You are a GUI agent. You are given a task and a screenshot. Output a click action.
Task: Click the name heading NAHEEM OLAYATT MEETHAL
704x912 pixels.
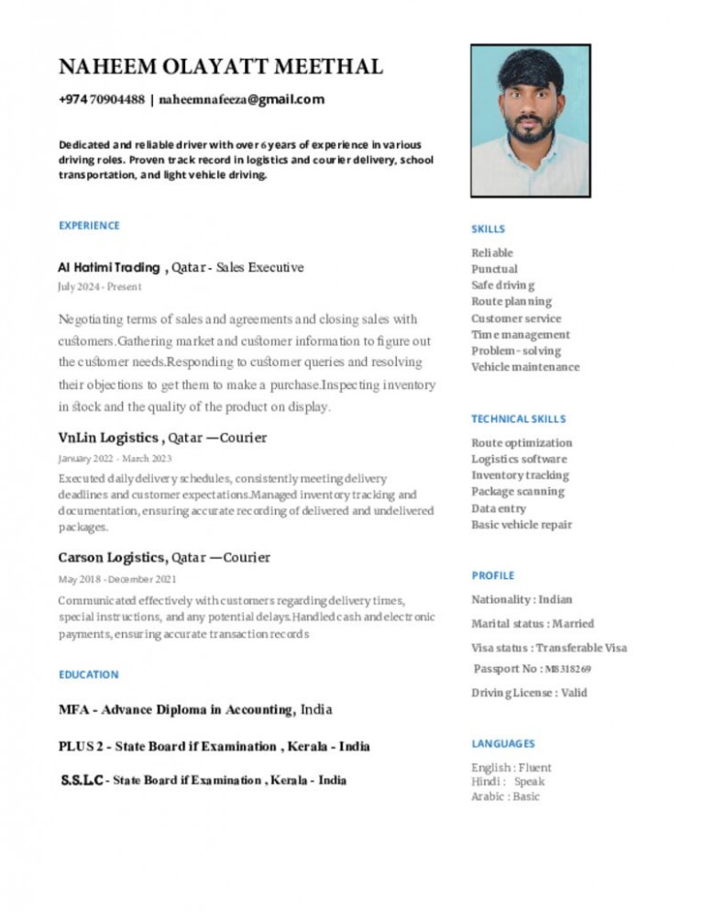(221, 67)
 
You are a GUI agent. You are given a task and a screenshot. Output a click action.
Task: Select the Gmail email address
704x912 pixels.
(242, 100)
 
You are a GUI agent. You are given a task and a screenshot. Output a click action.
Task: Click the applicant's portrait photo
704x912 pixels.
(530, 120)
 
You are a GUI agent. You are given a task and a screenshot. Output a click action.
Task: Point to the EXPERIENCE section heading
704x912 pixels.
(89, 225)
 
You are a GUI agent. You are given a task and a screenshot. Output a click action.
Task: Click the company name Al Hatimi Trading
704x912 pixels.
(108, 268)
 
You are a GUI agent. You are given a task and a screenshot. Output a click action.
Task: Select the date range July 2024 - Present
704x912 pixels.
(100, 287)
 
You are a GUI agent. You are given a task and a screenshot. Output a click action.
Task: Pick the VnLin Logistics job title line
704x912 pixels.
(162, 438)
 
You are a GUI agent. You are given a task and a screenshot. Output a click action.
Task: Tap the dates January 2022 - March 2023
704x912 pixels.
(115, 458)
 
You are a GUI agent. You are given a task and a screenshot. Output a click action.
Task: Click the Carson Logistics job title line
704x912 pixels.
(164, 557)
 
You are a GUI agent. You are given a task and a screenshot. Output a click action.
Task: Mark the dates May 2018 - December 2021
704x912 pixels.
(117, 579)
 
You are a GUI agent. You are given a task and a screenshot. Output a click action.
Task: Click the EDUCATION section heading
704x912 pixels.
(88, 674)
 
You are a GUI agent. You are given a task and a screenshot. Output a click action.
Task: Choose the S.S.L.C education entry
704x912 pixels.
(203, 781)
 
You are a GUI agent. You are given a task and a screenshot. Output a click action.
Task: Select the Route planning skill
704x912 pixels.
(511, 301)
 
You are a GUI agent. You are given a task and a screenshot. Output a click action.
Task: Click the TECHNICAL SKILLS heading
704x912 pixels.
(519, 418)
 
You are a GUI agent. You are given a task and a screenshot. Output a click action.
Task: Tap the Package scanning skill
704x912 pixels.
(518, 492)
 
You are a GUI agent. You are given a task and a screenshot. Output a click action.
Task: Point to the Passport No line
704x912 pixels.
(533, 669)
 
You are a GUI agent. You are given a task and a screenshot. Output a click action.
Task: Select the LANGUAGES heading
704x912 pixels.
(503, 743)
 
